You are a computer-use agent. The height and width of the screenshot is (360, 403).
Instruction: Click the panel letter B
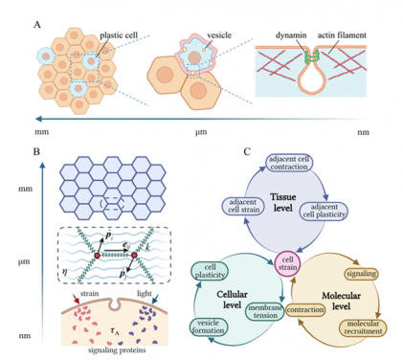pos(35,151)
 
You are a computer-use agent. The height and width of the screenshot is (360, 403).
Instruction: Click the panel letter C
pos(221,151)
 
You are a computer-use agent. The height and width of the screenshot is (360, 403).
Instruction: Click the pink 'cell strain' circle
pos(287,262)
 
